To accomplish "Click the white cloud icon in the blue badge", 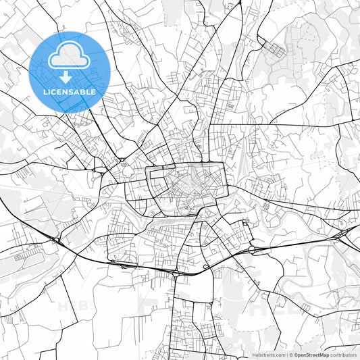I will coord(70,55).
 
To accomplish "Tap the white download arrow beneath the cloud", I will coord(70,76).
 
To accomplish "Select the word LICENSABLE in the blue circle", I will coord(70,91).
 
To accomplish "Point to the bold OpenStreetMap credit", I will coord(311,354).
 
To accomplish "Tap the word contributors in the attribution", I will coord(343,354).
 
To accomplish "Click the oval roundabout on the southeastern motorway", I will coord(253,249).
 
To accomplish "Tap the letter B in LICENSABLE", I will coord(84,91).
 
